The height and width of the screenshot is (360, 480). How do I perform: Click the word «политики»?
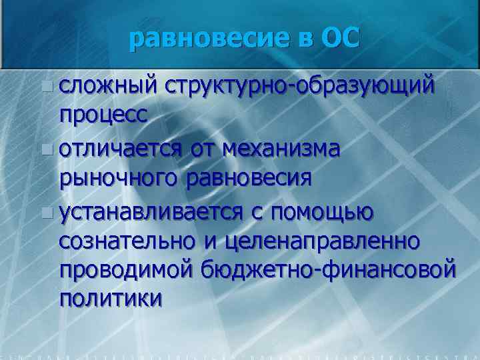[110, 299]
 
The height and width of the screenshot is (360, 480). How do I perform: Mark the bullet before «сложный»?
[45, 86]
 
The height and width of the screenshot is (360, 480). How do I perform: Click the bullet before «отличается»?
[45, 149]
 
